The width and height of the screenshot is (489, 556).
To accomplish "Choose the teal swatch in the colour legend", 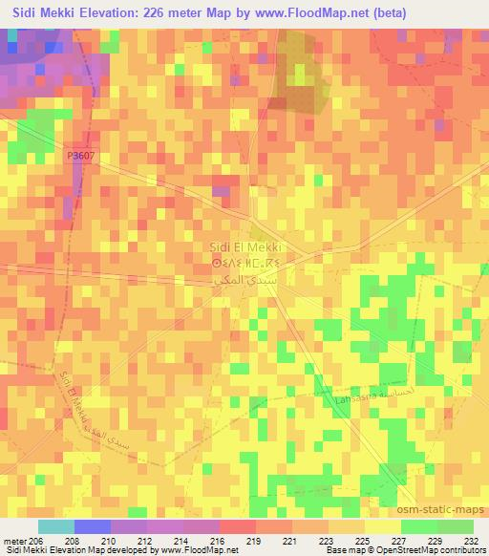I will (x=55, y=526).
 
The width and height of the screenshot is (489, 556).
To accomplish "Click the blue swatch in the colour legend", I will (x=93, y=526).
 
